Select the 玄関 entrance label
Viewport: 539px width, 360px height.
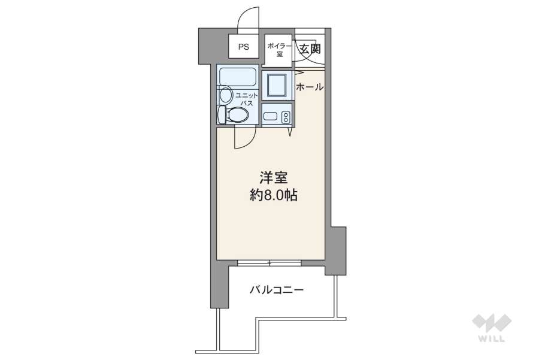[310, 49]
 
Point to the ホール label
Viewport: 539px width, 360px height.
[310, 87]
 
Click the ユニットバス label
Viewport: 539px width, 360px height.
[247, 99]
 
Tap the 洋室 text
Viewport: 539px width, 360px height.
[274, 177]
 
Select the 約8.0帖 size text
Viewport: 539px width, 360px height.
[274, 195]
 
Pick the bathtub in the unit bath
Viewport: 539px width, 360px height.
[238, 76]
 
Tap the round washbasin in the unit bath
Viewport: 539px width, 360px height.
[226, 95]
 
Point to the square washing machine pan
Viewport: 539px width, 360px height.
[277, 85]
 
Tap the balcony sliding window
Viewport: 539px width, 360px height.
[269, 263]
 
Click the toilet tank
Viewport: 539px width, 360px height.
[222, 114]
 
